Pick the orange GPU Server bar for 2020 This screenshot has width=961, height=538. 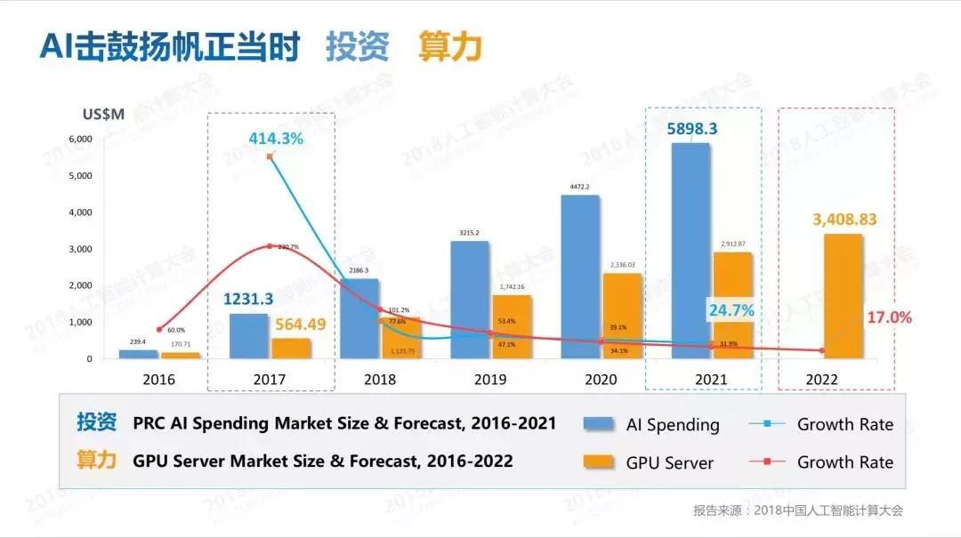coord(622,316)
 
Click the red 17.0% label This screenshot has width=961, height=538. coord(888,317)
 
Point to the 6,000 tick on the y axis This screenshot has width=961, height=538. coord(80,140)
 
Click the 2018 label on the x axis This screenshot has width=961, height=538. coord(380,379)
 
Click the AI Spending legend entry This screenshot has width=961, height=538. coord(650,424)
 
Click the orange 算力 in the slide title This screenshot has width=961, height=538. coord(450,47)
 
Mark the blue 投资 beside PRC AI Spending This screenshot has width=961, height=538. coord(95,422)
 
